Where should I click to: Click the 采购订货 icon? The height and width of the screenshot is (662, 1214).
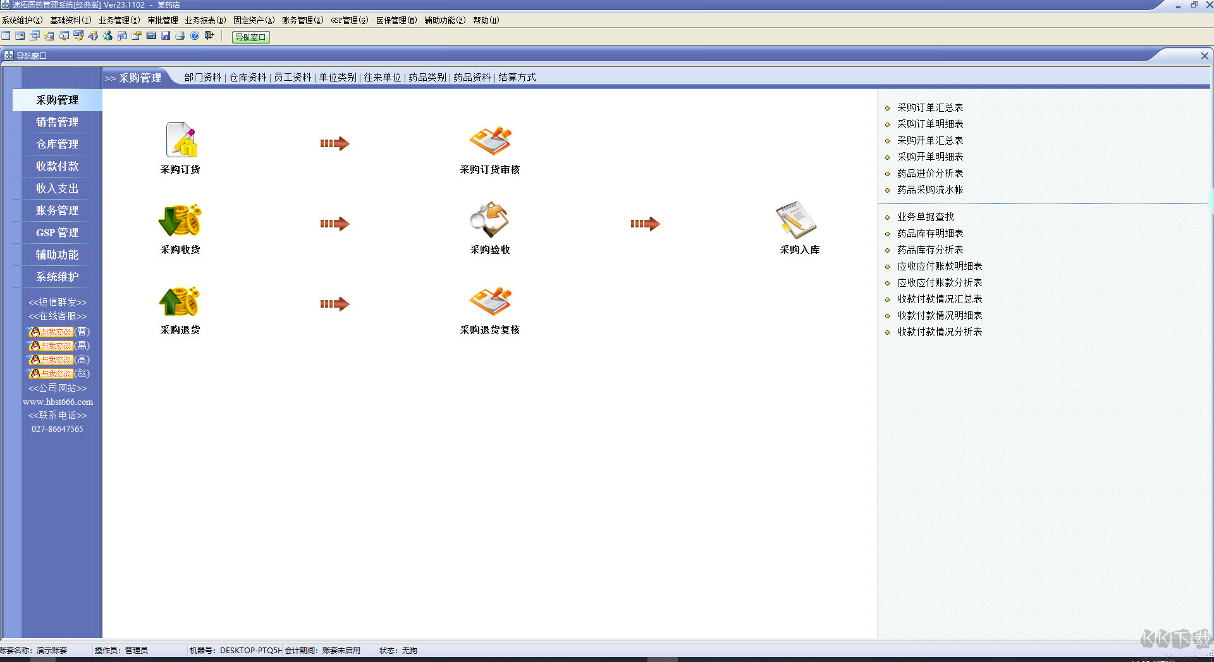point(181,140)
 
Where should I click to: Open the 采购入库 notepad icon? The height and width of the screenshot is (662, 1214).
point(797,220)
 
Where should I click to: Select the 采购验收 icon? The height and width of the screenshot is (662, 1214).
point(489,220)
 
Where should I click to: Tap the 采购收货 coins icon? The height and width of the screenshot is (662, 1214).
point(181,220)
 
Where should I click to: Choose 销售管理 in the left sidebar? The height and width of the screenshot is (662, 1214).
point(58,122)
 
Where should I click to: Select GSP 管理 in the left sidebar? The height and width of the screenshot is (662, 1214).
point(58,232)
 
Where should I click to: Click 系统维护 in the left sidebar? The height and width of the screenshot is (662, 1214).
point(58,277)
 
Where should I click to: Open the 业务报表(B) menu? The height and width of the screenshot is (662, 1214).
point(205,20)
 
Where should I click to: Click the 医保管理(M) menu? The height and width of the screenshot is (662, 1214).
point(396,20)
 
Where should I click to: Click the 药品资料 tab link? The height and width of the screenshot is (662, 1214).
point(472,77)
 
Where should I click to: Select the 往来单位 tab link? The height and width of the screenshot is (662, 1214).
point(382,77)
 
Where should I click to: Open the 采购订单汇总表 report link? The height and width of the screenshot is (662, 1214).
point(930,108)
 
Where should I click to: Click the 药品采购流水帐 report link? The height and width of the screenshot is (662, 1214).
point(930,190)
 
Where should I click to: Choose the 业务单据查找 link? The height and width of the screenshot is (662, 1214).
point(926,217)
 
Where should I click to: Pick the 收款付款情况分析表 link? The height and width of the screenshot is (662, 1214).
point(940,332)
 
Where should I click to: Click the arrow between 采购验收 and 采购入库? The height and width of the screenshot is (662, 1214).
point(645,224)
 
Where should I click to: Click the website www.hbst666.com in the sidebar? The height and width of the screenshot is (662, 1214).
point(58,402)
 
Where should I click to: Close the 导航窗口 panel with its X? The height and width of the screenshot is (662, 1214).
point(1205,56)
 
